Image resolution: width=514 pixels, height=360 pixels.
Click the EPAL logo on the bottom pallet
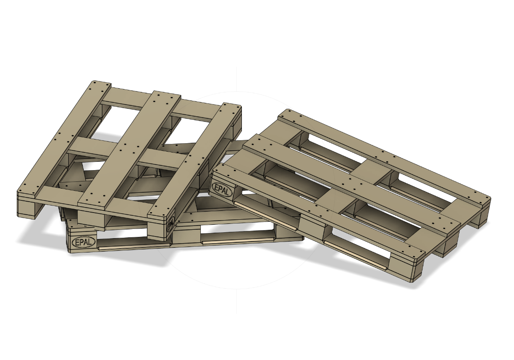pyautogui.click(x=84, y=242)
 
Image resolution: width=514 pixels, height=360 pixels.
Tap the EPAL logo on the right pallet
pyautogui.click(x=222, y=189)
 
